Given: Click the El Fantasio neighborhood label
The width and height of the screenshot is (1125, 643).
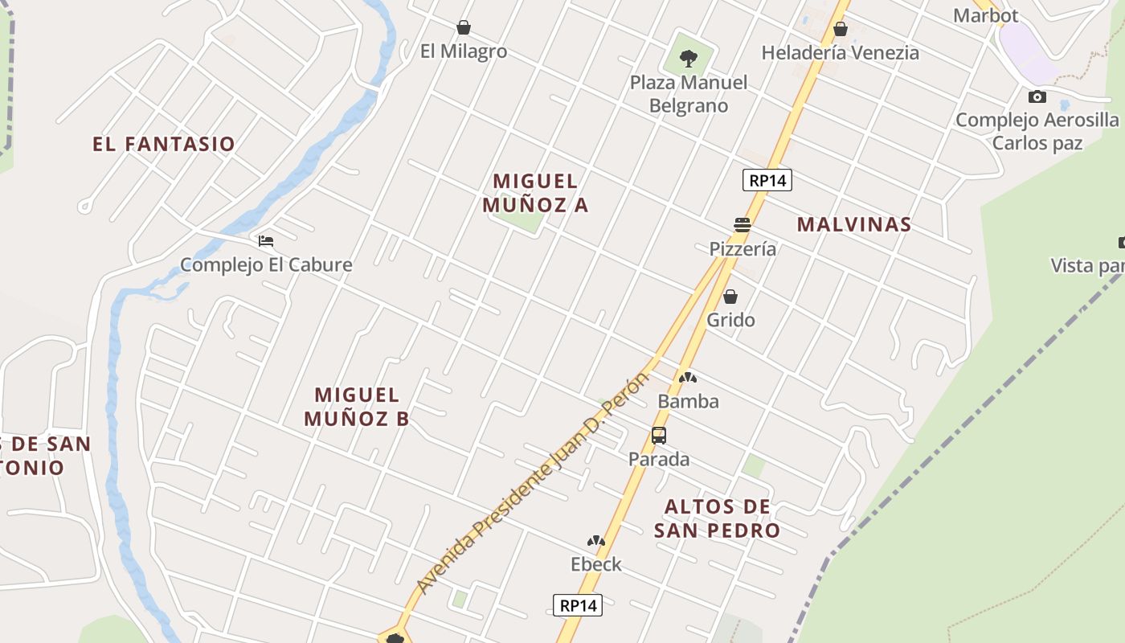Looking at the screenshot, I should click(164, 144).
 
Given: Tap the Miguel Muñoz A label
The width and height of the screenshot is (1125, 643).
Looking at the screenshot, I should click(535, 193).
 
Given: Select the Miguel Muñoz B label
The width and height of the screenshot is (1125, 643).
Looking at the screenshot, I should click(357, 406).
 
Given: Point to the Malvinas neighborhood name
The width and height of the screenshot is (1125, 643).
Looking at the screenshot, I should click(854, 224).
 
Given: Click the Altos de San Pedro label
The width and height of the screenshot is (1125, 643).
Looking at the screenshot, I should click(717, 518).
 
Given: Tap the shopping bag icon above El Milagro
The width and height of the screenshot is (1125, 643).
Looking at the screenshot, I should click(464, 27).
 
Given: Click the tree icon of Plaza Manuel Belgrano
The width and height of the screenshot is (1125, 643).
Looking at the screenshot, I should click(688, 57).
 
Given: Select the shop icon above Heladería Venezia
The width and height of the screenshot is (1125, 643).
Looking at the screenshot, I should click(841, 30).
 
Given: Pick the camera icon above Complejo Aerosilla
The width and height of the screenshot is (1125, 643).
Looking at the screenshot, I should click(1037, 96).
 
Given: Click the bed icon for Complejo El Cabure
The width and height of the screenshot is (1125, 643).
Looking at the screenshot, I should click(266, 240).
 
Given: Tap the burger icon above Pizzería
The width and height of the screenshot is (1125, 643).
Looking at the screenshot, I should click(742, 224).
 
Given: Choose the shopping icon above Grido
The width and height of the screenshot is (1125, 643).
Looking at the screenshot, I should click(730, 297).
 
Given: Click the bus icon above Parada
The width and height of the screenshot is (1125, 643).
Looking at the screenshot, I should click(659, 436).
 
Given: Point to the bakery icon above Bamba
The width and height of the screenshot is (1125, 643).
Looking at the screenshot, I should click(688, 377).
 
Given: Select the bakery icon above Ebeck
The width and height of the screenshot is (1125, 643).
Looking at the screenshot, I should click(596, 541).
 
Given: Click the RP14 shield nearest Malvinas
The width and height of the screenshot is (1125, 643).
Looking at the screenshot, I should click(767, 180).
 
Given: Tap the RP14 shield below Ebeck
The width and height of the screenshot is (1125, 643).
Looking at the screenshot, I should click(578, 605).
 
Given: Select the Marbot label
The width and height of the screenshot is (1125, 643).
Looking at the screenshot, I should click(985, 15).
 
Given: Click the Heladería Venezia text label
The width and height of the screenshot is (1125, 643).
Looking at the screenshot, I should click(840, 53).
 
